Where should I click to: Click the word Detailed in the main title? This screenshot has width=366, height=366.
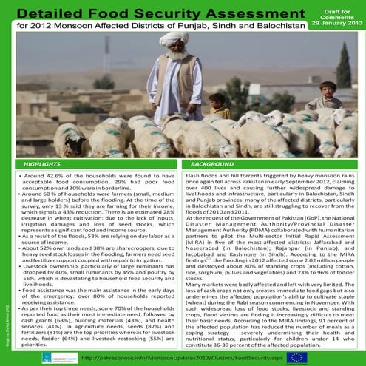50,13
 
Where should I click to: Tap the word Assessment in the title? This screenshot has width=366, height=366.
243,13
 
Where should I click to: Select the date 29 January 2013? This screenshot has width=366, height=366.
337,24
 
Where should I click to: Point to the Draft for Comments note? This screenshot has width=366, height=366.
337,13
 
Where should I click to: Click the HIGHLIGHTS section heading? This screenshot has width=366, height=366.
42,163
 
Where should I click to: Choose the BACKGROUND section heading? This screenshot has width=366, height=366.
209,163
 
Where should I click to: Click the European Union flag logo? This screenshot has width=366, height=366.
298,356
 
